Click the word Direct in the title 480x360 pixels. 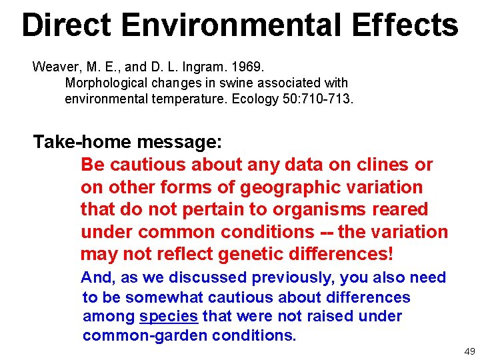[66, 25]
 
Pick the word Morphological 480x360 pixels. [104, 83]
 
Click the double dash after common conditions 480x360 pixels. [326, 233]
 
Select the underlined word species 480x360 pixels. [168, 316]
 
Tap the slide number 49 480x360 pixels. [469, 351]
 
